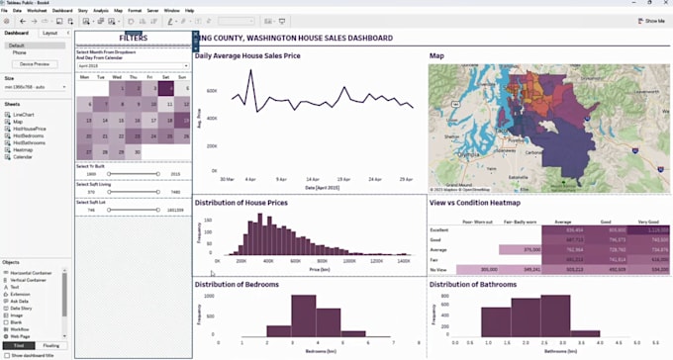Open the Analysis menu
click(100, 10)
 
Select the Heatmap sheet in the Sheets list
click(23, 149)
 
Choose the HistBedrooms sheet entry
click(29, 135)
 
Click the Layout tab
click(49, 33)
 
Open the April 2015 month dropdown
click(133, 66)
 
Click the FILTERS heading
click(134, 38)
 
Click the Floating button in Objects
click(51, 345)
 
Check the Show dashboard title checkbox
click(7, 354)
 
